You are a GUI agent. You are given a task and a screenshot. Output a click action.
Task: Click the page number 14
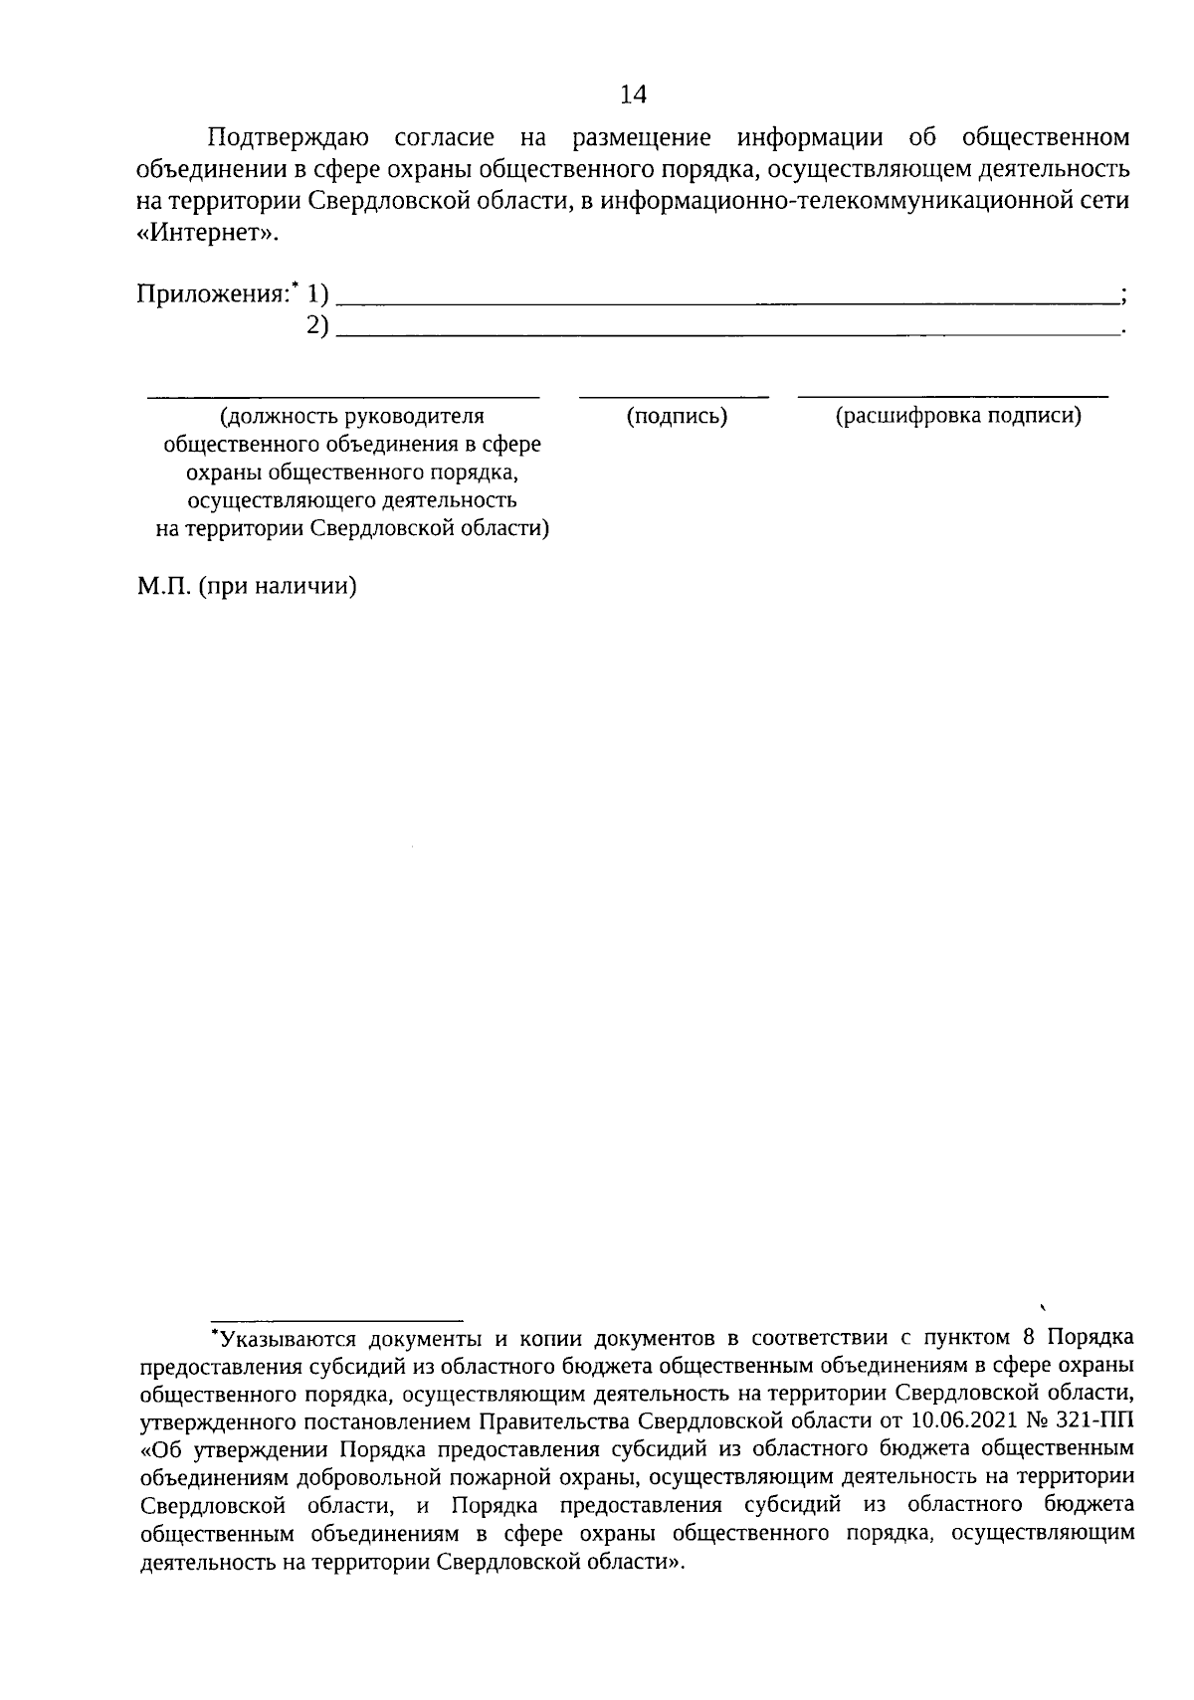coord(633,94)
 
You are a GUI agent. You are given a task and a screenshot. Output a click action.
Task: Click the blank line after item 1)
coord(726,299)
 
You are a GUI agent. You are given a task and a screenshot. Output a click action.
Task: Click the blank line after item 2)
coord(726,331)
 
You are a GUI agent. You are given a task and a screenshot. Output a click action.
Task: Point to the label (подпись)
coord(677,417)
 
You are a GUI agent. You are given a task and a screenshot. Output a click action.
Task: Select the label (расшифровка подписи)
coord(957,417)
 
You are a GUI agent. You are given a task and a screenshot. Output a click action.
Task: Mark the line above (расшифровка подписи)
coord(953,397)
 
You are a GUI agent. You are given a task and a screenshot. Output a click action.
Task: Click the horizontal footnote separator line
coord(336,1319)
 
